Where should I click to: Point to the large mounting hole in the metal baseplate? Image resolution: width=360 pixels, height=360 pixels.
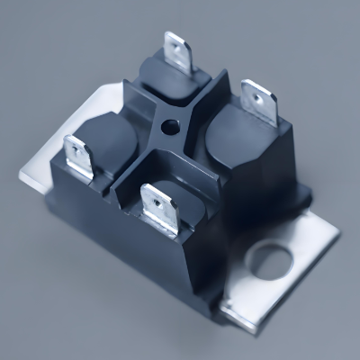click(270, 261)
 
